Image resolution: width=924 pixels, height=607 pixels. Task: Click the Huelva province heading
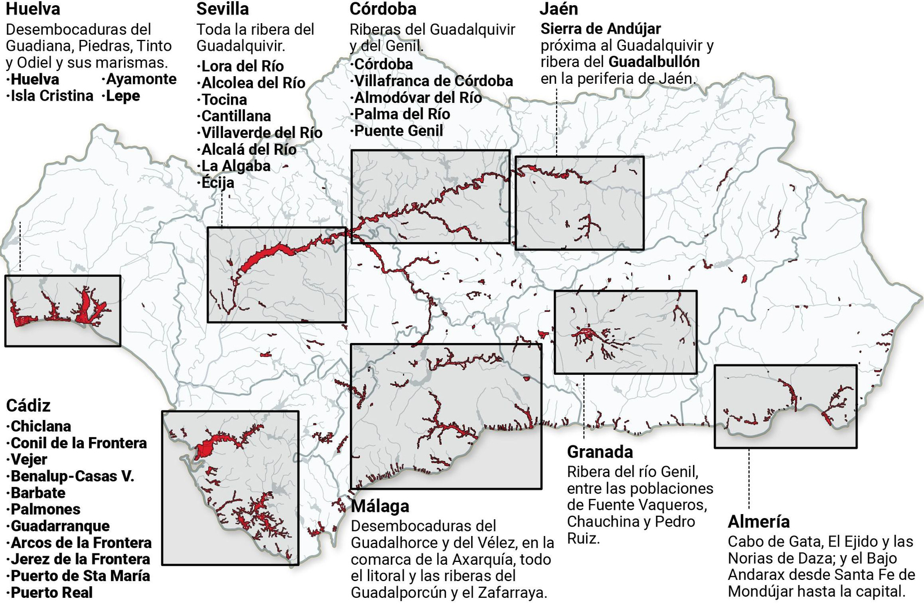click(x=33, y=9)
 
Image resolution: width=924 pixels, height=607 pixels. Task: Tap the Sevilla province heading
click(x=222, y=9)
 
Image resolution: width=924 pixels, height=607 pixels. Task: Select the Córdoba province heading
click(x=383, y=9)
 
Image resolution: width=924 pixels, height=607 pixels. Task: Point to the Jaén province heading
click(x=558, y=9)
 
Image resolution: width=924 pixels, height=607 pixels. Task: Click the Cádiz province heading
click(x=28, y=405)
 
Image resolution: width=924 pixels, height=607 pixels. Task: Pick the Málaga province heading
click(x=380, y=506)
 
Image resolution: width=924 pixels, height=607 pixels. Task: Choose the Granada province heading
click(x=599, y=452)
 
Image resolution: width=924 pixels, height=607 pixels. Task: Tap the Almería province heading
click(x=758, y=522)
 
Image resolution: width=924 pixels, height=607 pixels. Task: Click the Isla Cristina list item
click(x=51, y=96)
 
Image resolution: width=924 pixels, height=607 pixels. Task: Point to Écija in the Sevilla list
click(x=217, y=183)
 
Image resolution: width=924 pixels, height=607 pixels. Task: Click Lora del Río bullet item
click(x=242, y=66)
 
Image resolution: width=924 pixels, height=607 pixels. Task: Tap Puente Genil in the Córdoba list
click(x=398, y=131)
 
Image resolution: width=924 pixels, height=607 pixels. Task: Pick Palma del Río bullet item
click(x=402, y=114)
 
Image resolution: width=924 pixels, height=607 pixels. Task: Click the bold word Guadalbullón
click(x=654, y=62)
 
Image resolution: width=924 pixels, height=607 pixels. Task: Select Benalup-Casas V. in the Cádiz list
click(x=72, y=476)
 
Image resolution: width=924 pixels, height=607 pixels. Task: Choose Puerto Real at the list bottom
click(x=51, y=593)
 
